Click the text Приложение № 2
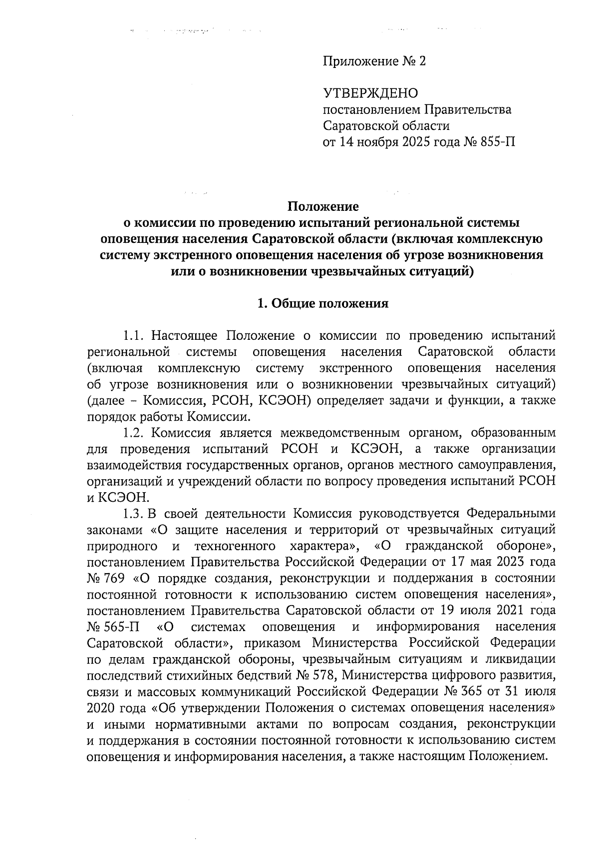(375, 61)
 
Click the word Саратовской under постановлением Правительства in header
(358, 125)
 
